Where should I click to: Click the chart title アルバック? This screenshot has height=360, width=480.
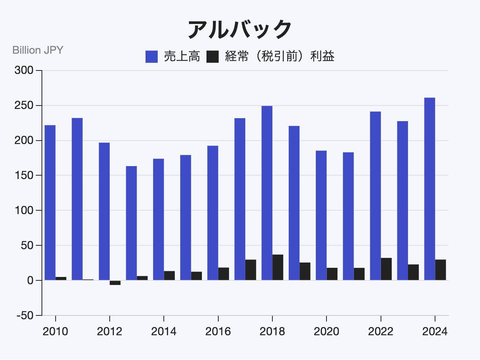point(240,29)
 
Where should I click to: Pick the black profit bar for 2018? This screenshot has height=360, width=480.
point(278,267)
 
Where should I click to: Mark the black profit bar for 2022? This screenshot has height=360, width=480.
point(386,269)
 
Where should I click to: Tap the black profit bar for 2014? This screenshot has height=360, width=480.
point(170,275)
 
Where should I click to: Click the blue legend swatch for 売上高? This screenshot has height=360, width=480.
point(152,57)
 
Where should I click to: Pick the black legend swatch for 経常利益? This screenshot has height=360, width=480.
point(213,57)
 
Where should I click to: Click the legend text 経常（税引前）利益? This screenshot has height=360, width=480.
point(280,57)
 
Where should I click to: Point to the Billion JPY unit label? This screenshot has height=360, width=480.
point(38,50)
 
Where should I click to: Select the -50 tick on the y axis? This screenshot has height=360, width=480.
point(24,315)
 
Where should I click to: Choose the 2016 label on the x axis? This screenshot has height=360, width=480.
point(218,331)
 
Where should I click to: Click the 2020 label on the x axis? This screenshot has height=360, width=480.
point(326,331)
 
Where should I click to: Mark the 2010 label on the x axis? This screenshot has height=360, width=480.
point(55,331)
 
